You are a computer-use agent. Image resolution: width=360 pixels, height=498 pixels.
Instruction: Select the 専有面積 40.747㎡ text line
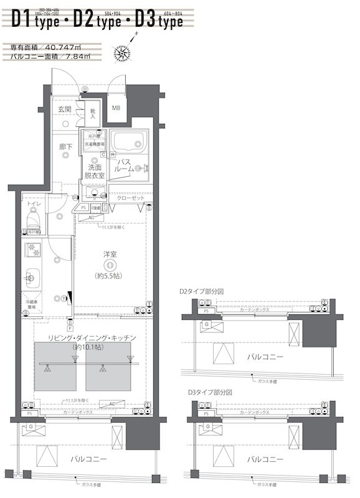[x=47, y=47]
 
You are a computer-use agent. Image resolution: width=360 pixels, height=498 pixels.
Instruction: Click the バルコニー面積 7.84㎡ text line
[x=51, y=56]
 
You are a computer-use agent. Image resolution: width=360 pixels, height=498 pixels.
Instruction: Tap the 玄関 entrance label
[x=64, y=110]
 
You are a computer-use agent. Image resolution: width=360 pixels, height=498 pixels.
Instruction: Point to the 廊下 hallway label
[x=65, y=147]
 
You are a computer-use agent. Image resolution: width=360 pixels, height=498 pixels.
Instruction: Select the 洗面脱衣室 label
[x=95, y=172]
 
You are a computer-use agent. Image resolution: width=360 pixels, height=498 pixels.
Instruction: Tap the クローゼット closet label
[x=130, y=198]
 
